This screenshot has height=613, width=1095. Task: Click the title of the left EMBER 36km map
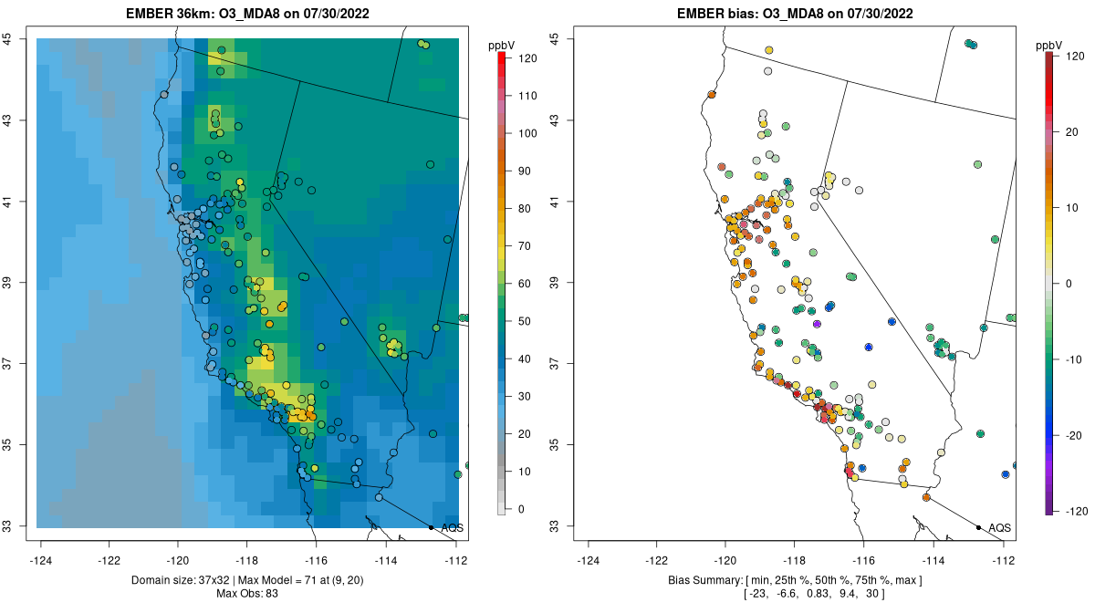[246, 14]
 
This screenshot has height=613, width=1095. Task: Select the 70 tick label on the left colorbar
[527, 246]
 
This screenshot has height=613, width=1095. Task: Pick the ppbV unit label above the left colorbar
[501, 45]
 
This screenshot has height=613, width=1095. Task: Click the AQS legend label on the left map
[452, 527]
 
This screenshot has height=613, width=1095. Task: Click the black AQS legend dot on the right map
[978, 527]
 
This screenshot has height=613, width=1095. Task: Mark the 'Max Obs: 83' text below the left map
[246, 594]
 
